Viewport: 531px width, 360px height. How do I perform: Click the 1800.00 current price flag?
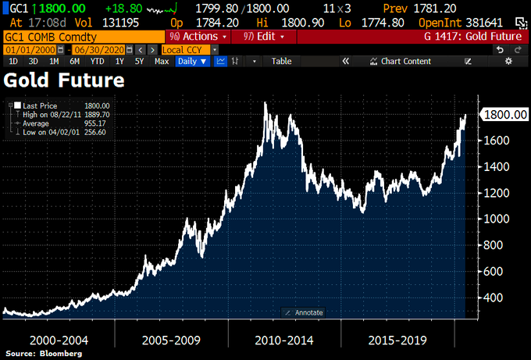click(505, 115)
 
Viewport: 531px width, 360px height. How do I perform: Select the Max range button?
click(162, 61)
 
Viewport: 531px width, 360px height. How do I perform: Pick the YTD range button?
click(97, 61)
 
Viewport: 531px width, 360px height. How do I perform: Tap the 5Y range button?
click(139, 61)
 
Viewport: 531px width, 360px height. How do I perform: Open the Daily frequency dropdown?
click(192, 61)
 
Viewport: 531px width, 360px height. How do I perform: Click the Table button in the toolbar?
click(281, 61)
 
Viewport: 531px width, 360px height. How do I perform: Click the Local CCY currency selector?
click(182, 49)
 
